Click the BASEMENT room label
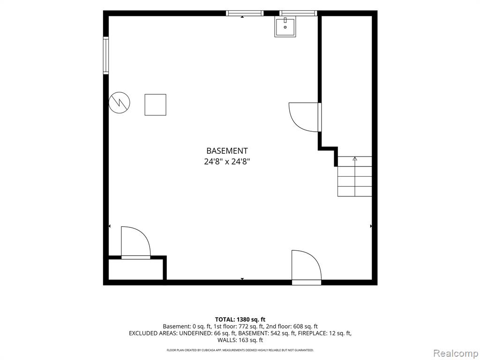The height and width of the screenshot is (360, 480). point(227,151)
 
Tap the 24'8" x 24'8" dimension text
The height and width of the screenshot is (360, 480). point(227,161)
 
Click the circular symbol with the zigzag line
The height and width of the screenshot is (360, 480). point(120,103)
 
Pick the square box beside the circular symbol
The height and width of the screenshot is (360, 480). point(156,105)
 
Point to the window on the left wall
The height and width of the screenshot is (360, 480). point(106,55)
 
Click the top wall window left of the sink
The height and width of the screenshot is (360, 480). point(245,13)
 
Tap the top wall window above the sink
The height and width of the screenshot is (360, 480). point(298,13)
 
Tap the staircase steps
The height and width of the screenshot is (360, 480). point(355,176)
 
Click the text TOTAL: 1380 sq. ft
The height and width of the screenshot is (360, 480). point(240,320)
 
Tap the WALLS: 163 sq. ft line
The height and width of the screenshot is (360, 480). point(240,340)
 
